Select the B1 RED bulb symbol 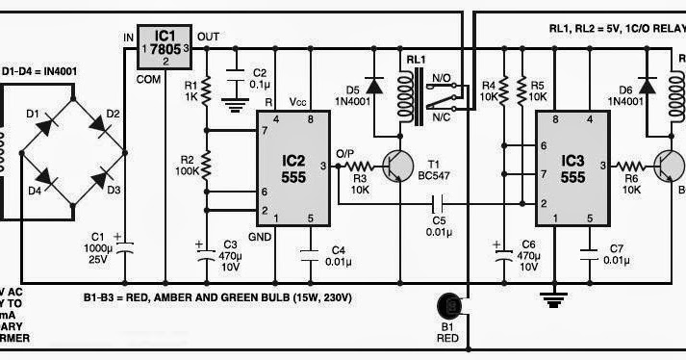click(x=450, y=307)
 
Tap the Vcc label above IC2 click(x=297, y=101)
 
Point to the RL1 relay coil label click(x=417, y=60)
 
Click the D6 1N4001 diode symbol click(x=648, y=86)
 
